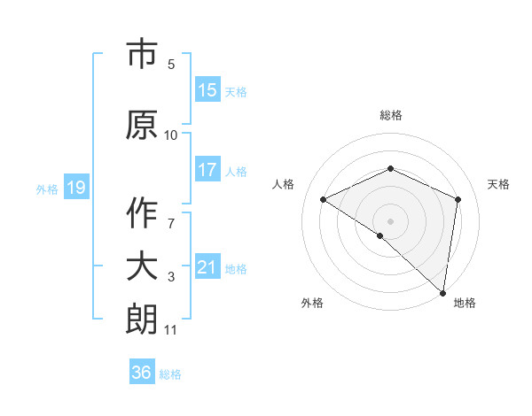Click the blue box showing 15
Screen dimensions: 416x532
(207, 90)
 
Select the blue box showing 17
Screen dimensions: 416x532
(207, 170)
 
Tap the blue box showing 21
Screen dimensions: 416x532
(207, 267)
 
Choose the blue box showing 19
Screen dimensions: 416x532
(75, 188)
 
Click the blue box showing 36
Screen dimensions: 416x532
(142, 373)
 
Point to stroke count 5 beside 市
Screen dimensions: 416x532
(171, 64)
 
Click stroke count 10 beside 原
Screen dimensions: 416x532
(171, 135)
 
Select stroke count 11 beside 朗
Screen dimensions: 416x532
(171, 330)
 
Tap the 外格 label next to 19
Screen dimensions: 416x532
(47, 189)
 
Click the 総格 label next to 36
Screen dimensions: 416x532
(170, 374)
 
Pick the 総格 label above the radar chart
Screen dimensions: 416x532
(390, 115)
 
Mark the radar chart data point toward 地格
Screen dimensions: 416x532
(442, 292)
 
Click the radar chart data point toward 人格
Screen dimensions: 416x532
(324, 200)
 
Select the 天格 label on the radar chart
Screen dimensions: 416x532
(498, 184)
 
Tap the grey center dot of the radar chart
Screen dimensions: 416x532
(390, 220)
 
